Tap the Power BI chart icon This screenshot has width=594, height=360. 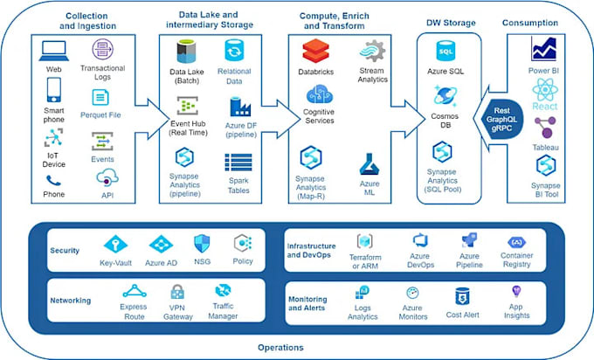coord(545,50)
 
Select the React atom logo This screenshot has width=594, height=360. coord(545,91)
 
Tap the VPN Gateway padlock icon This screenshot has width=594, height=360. coord(177,292)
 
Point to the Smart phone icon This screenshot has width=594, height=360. coord(54,91)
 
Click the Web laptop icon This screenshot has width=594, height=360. coord(54,50)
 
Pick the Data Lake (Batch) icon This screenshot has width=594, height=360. coord(186,52)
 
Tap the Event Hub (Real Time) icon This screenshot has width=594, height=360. coord(185,106)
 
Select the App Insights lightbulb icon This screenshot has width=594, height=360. coord(517,293)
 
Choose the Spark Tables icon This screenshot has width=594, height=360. coord(238,162)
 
